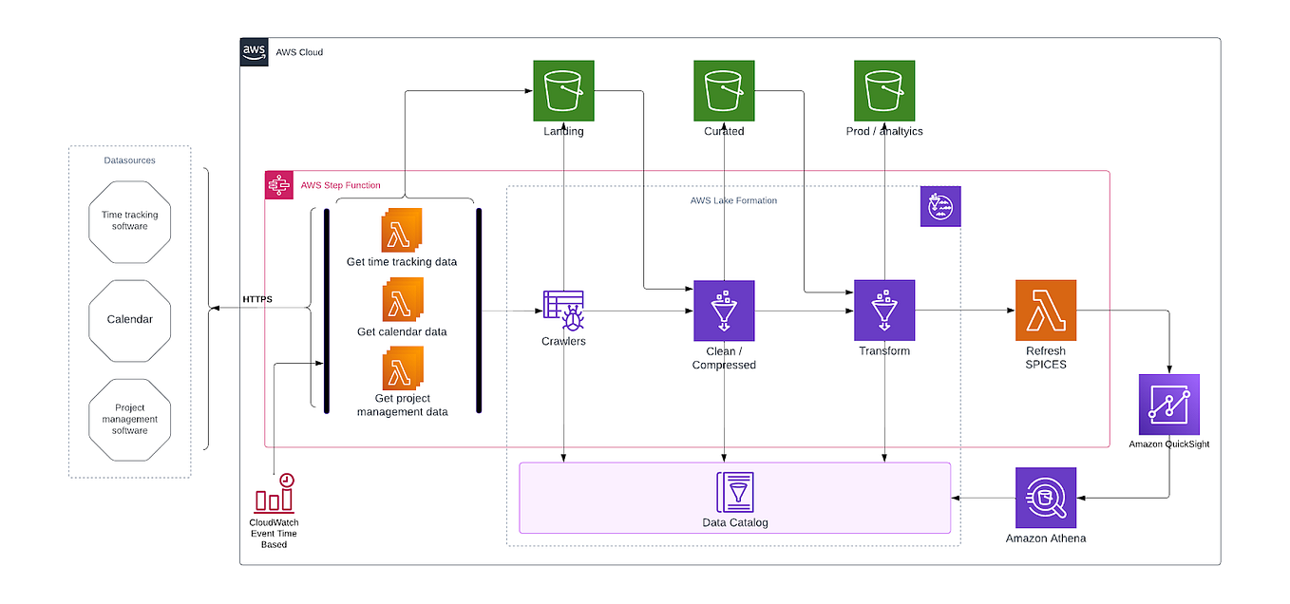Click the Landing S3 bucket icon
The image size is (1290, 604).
point(563,91)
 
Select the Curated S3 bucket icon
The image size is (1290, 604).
point(724,91)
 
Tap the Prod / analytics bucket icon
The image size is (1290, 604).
point(884,91)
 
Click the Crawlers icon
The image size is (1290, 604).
point(563,310)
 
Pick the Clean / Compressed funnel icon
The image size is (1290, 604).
point(724,311)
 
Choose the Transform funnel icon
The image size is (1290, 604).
point(884,311)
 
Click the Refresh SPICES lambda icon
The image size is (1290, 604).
point(1046,311)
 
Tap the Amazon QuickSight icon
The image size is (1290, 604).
point(1169,405)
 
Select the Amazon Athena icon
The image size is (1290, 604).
point(1046,498)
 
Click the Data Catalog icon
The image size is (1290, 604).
point(734,492)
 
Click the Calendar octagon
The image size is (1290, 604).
point(129,319)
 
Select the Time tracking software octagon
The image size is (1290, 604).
point(129,220)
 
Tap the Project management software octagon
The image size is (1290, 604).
point(129,419)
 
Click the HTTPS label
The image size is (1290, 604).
point(257,299)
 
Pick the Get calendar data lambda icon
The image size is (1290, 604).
point(402,301)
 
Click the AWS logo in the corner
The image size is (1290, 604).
point(254,51)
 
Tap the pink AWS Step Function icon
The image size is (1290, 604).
point(279,185)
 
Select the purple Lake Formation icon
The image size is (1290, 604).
point(940,206)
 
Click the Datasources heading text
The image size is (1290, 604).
point(129,160)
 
